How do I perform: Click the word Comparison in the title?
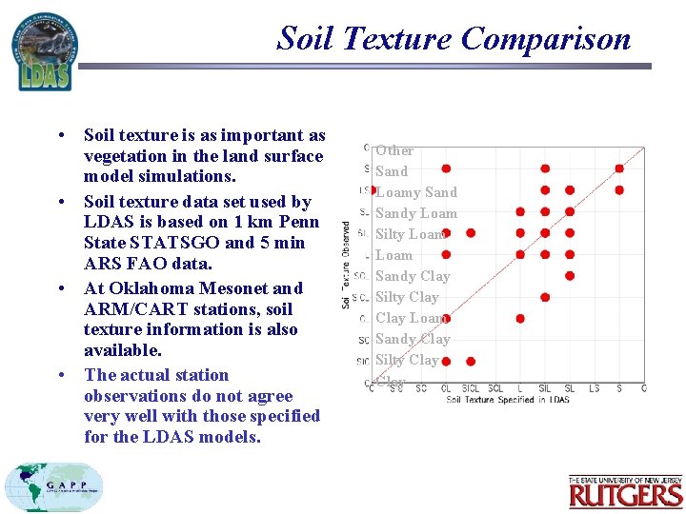(546, 39)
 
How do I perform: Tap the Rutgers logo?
(625, 491)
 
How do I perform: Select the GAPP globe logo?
(53, 488)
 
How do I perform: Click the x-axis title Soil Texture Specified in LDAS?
(508, 399)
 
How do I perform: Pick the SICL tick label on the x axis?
(471, 388)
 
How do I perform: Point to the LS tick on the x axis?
(594, 388)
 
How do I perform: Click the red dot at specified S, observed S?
(619, 168)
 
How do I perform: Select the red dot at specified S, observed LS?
(619, 189)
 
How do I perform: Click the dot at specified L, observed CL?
(520, 318)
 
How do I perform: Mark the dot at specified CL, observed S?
(446, 168)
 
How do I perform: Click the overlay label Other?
(394, 150)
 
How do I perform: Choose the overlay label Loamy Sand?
(416, 192)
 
